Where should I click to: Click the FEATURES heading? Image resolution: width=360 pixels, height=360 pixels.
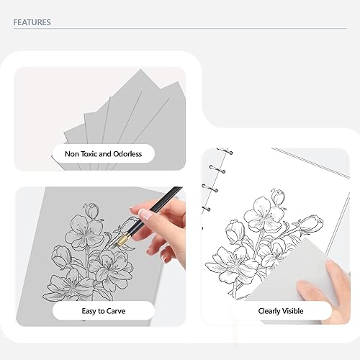point(32,22)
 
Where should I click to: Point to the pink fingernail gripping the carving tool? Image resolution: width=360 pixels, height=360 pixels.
point(145,214)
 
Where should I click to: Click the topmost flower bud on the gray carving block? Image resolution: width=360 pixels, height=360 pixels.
point(91,210)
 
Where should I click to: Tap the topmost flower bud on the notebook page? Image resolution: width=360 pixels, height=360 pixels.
point(277,195)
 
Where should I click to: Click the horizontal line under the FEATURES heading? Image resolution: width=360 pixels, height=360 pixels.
point(180,29)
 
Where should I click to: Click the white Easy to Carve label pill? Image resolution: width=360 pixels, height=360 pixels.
point(103,311)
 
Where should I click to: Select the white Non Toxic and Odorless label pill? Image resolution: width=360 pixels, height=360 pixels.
point(103,153)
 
